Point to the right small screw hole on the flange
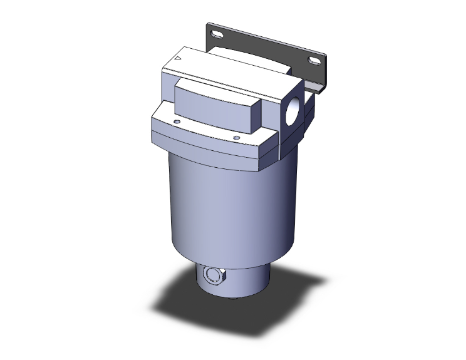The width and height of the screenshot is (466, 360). coord(236,138)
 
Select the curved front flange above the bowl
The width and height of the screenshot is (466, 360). coord(207,141)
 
